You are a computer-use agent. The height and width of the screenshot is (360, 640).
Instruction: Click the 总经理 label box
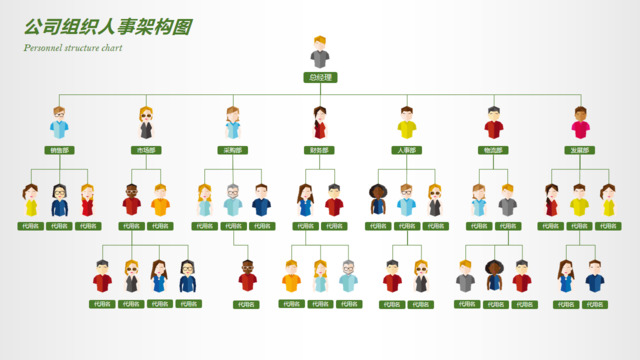tap(320, 77)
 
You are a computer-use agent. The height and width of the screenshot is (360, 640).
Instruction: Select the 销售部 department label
tap(59, 150)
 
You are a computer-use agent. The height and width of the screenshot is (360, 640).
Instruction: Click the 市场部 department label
tap(146, 150)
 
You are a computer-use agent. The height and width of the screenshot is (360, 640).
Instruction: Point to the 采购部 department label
tap(233, 150)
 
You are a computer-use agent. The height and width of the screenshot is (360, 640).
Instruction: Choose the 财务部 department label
tap(320, 150)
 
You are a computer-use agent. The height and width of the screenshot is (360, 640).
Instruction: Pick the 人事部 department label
tap(406, 150)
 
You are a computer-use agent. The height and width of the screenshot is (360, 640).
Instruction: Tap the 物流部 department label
tap(493, 150)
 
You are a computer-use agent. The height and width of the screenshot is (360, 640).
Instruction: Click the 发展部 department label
tap(580, 150)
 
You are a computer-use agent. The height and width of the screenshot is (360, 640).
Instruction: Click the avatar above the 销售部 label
tap(59, 123)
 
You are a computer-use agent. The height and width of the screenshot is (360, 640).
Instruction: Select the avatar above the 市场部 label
tap(146, 123)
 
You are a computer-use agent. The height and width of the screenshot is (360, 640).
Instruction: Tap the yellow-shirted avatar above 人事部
tap(406, 123)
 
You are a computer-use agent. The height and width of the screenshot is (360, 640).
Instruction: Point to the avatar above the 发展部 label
tap(580, 123)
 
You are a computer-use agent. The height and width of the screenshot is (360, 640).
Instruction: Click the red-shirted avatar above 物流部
tap(493, 123)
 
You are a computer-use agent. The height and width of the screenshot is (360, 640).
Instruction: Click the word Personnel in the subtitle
tap(43, 48)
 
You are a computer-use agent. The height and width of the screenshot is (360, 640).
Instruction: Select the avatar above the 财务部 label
tap(320, 123)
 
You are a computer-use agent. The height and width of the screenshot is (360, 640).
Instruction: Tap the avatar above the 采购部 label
tap(233, 123)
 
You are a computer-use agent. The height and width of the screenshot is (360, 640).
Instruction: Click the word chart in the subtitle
tap(112, 48)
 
